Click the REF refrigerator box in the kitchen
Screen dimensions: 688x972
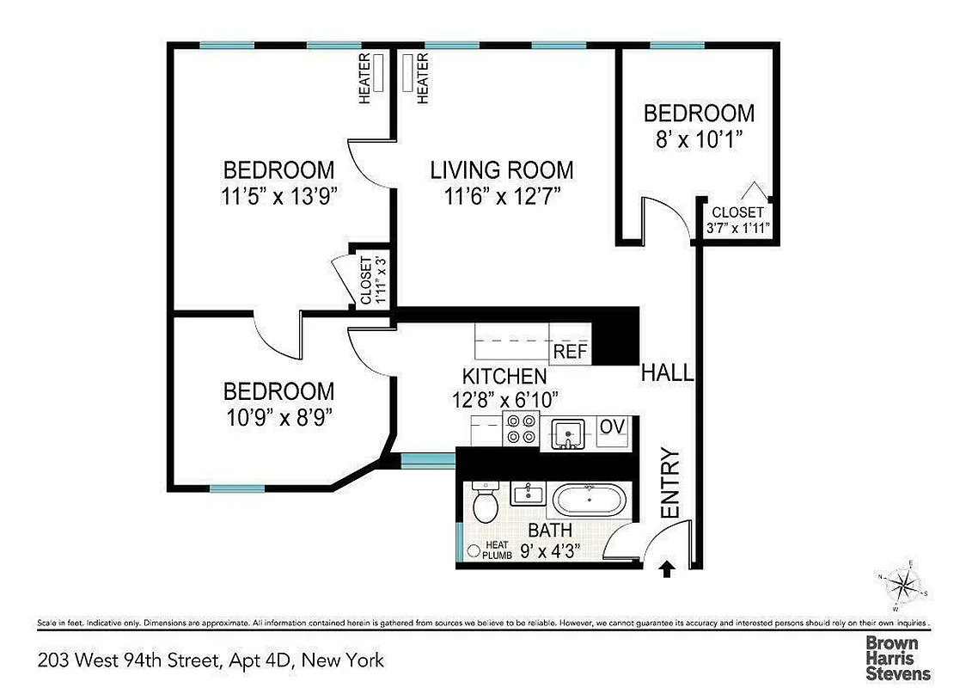[571, 351]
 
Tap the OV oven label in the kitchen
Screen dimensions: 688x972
[612, 427]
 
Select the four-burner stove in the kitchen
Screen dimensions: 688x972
[520, 428]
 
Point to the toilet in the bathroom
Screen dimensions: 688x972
[486, 503]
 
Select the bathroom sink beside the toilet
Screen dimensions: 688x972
[525, 494]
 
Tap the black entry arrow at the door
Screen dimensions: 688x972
[666, 568]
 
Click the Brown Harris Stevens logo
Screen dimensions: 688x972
[897, 657]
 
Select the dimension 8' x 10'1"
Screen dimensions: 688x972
[699, 139]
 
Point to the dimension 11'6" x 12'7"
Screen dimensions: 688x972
[502, 195]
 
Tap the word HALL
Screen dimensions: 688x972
[667, 373]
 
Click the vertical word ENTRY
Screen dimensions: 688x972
[669, 483]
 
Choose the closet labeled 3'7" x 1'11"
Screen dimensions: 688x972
[737, 220]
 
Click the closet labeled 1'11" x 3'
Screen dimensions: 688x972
[366, 280]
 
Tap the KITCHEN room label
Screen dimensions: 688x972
[504, 377]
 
